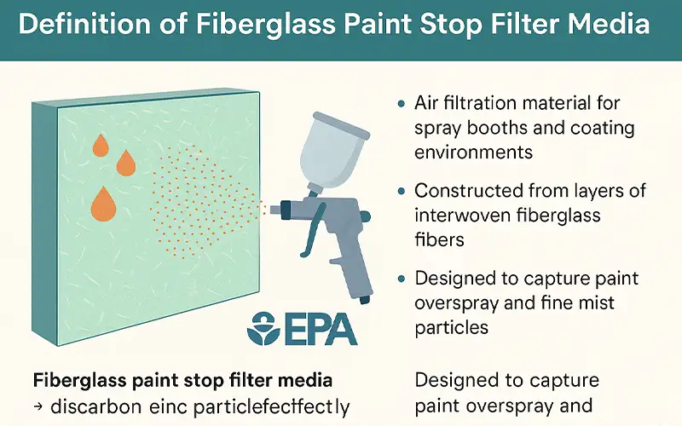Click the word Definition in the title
(80, 23)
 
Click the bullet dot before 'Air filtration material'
(402, 105)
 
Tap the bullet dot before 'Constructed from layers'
(402, 192)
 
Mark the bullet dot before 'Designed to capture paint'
(402, 279)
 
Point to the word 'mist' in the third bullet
(596, 302)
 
